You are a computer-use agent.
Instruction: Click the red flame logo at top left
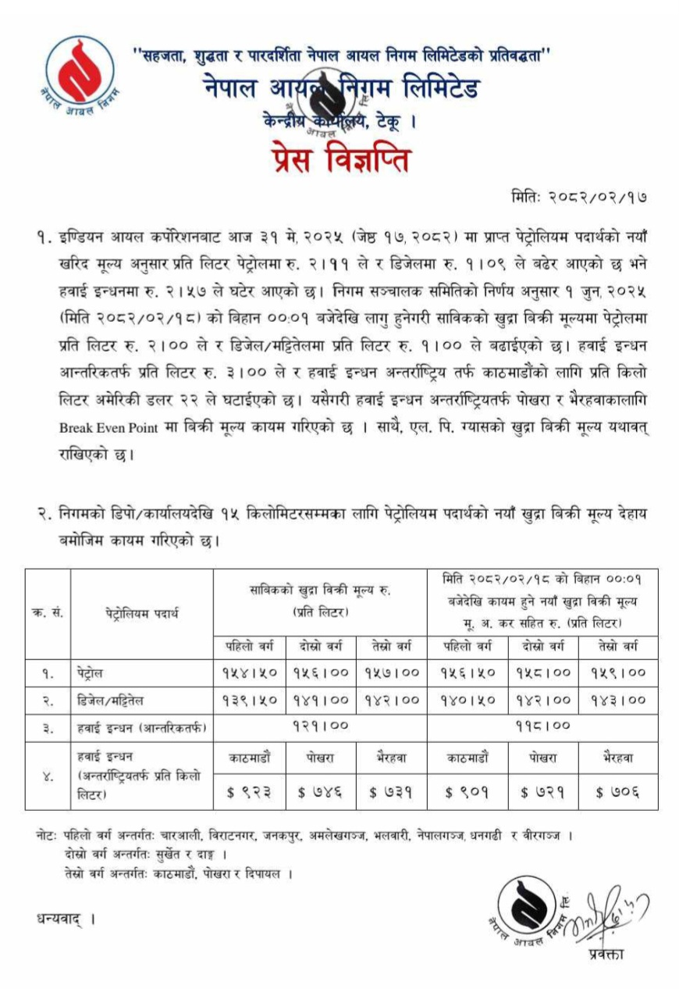pyautogui.click(x=73, y=74)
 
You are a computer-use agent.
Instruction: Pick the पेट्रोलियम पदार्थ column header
pyautogui.click(x=142, y=612)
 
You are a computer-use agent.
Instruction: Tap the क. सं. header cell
pyautogui.click(x=48, y=612)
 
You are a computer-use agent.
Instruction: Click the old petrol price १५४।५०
pyautogui.click(x=247, y=671)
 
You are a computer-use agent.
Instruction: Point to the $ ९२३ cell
pyautogui.click(x=249, y=791)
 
